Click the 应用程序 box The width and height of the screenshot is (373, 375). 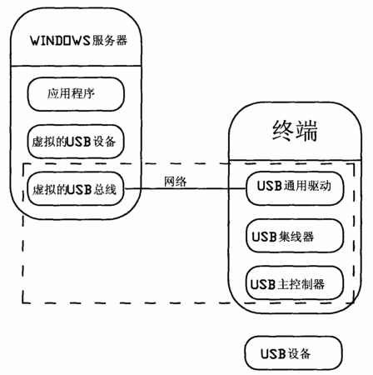(76, 94)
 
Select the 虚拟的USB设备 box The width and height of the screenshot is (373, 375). (76, 142)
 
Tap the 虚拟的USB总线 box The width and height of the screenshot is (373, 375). (76, 189)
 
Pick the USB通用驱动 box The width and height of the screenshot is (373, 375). (295, 188)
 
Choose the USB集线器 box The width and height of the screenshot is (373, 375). (295, 236)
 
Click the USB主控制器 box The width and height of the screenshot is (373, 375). (295, 283)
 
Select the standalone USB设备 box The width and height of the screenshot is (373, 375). (293, 353)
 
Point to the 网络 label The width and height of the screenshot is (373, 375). (175, 182)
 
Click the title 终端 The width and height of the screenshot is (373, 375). (295, 131)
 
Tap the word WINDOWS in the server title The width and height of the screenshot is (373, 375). (60, 41)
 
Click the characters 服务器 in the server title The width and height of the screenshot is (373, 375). (109, 41)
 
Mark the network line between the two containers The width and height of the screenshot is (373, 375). (185, 188)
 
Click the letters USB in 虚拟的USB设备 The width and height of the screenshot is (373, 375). (79, 142)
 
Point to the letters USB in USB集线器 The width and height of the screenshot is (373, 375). (265, 237)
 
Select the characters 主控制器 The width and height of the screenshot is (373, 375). (301, 284)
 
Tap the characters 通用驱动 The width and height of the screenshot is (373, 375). (307, 186)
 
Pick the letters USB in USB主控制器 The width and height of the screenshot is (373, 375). (263, 285)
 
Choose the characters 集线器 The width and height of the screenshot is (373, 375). (296, 237)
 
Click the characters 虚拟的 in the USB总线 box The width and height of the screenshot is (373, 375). (50, 190)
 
